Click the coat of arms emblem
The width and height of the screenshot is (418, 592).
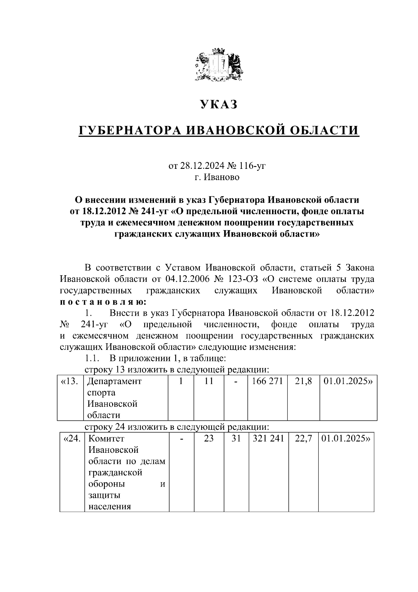coord(218,67)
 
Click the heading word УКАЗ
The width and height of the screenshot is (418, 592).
coord(218,104)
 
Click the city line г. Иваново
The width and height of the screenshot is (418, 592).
coord(217,177)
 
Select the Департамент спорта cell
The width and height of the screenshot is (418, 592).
coord(114,398)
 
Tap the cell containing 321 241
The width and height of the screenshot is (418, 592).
coord(268,439)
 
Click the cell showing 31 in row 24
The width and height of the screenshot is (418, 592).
coord(236,439)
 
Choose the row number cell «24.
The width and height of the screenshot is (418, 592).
coord(72,439)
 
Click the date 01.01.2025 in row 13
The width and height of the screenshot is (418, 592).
coord(348,381)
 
